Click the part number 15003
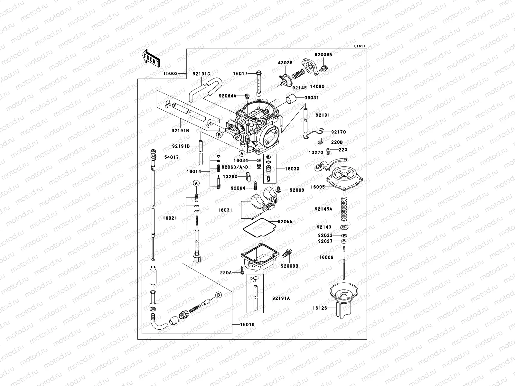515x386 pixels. (171, 74)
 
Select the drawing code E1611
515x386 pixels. (360, 46)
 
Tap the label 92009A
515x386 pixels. (323, 55)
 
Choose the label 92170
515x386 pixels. (338, 132)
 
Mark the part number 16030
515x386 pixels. (292, 169)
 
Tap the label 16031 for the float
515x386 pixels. (225, 210)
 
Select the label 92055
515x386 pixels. (285, 222)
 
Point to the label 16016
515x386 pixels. (247, 325)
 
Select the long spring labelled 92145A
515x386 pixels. (345, 209)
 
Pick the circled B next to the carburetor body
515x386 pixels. (219, 135)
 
